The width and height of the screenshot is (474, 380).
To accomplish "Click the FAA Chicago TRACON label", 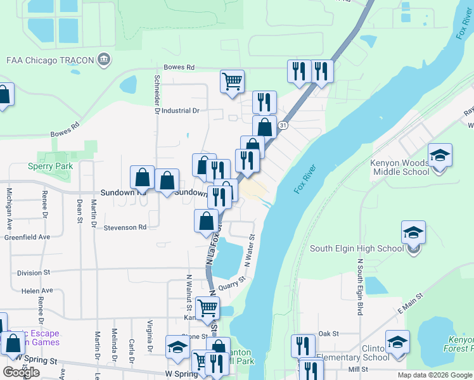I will click(x=49, y=61).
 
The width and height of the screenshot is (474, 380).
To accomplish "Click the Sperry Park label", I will click(x=50, y=167).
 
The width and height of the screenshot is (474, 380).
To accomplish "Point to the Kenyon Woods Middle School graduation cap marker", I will click(x=440, y=155).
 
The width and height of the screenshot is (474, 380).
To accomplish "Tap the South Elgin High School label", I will click(x=357, y=248).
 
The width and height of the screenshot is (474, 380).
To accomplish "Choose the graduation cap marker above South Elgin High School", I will click(x=413, y=232).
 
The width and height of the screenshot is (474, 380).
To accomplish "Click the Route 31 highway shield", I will click(x=285, y=126).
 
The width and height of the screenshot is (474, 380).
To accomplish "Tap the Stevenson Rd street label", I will click(x=125, y=227).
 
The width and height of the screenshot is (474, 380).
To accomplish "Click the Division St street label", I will click(x=34, y=273).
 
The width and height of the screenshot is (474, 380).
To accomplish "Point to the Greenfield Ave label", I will click(x=27, y=237).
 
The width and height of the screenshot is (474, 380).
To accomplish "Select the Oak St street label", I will click(x=329, y=333).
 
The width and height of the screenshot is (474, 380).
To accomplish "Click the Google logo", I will click(x=21, y=372).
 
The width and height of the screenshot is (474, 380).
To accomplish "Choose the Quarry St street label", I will click(x=232, y=283).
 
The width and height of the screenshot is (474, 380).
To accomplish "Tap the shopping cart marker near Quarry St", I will click(x=207, y=308).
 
